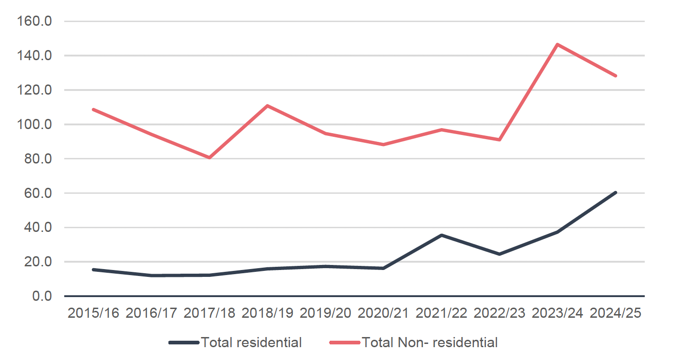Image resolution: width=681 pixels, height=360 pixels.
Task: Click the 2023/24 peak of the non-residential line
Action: tap(557, 45)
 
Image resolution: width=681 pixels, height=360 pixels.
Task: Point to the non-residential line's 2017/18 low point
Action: tap(209, 157)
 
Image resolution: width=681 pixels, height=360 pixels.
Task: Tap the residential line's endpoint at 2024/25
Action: tap(615, 193)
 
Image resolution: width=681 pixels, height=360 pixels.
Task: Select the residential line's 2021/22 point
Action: tap(441, 235)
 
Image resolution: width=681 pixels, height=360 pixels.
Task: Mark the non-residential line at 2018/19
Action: tap(267, 106)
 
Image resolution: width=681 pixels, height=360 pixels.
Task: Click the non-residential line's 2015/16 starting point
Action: tap(94, 110)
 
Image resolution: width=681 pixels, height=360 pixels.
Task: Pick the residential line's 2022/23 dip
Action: tap(499, 254)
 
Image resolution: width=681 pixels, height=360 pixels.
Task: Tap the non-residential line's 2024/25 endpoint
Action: tap(615, 76)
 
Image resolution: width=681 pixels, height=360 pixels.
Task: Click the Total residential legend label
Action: tap(251, 343)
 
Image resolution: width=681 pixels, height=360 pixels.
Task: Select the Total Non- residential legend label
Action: tap(430, 343)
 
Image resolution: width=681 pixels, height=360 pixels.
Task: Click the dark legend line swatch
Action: tap(184, 343)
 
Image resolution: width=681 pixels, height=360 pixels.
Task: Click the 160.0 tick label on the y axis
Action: tap(34, 22)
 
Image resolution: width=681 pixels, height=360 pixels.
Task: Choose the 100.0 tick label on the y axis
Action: tap(34, 124)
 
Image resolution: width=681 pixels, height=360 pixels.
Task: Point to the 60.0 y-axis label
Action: tap(38, 193)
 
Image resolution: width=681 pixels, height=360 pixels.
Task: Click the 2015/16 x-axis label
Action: tap(94, 313)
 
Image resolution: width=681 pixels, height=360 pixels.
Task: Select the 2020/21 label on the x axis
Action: tap(383, 313)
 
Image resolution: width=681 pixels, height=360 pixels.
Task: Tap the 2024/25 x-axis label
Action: tap(615, 313)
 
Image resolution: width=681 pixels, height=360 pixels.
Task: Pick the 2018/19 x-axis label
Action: tap(267, 313)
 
